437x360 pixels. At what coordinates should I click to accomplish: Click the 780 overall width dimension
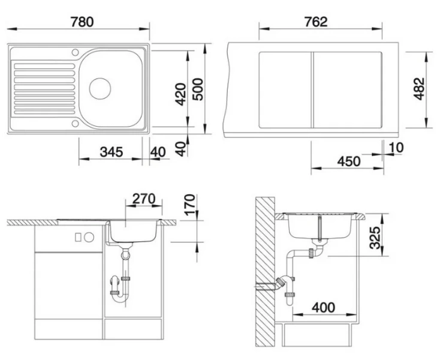(80, 22)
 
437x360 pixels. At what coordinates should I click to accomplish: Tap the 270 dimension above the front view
(144, 198)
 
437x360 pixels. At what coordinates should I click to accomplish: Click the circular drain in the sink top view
(100, 88)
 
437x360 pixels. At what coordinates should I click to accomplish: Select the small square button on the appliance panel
(78, 237)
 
